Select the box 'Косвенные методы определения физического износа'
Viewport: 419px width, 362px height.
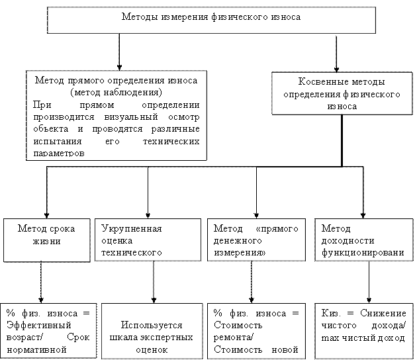[339, 94]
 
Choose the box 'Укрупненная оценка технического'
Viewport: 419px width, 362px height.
[147, 240]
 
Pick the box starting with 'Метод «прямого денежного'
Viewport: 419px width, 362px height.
[256, 240]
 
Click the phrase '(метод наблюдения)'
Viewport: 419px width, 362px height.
[115, 92]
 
